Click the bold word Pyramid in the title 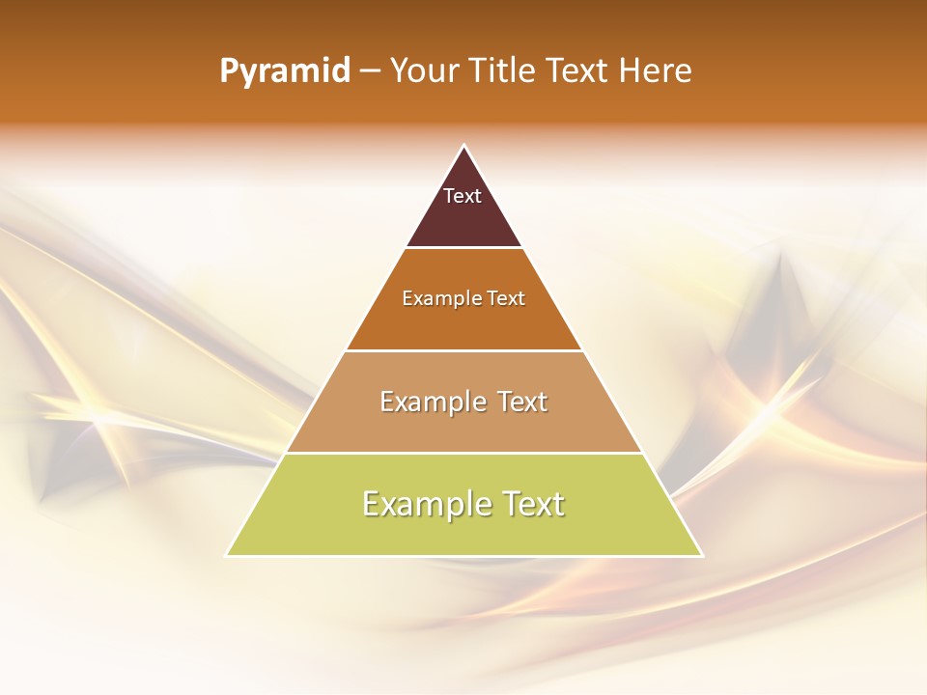285,71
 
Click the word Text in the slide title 577,70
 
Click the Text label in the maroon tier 463,196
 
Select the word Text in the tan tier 522,402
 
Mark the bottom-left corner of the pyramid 228,555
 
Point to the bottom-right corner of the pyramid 701,555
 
